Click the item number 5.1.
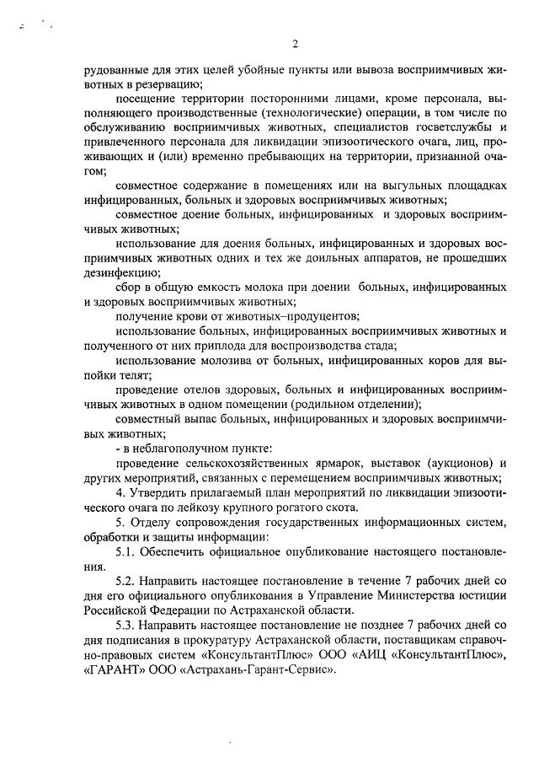(x=127, y=551)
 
